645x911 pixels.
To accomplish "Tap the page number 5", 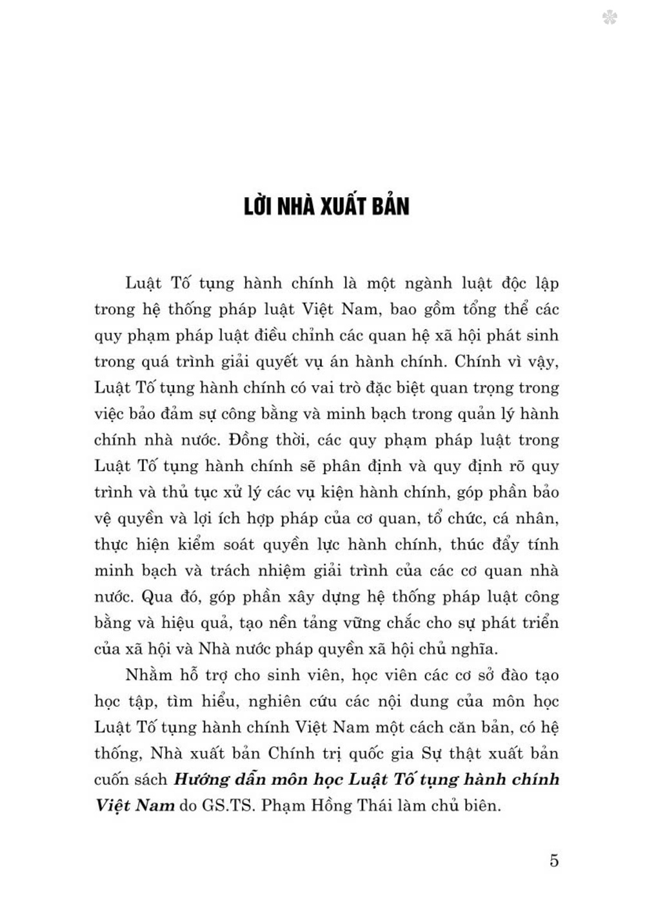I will [553, 860].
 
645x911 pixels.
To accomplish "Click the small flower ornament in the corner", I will [609, 17].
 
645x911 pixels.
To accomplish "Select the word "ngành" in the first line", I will [422, 283].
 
